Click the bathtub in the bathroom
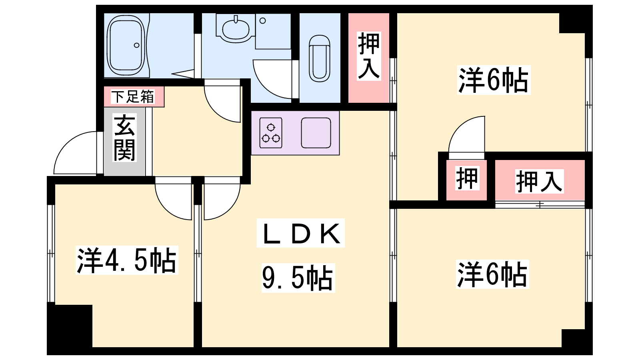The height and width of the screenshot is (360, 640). coord(126,45)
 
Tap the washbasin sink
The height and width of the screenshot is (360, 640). coord(236,28)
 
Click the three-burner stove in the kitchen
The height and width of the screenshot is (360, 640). coord(271,133)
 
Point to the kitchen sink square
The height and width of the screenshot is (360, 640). coord(316,133)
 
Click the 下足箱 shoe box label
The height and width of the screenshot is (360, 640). coord(132,97)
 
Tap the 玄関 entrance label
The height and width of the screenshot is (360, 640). coord(124,138)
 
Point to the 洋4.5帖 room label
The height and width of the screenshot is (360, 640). coord(126,260)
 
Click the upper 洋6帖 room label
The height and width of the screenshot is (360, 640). coord(493,80)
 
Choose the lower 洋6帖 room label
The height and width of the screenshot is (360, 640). coord(492,274)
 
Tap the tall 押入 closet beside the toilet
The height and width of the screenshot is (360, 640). coord(368,57)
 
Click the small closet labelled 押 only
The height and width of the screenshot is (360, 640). coord(467,179)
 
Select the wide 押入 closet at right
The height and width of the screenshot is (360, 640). coord(539,181)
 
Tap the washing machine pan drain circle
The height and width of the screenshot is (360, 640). coord(263,20)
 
